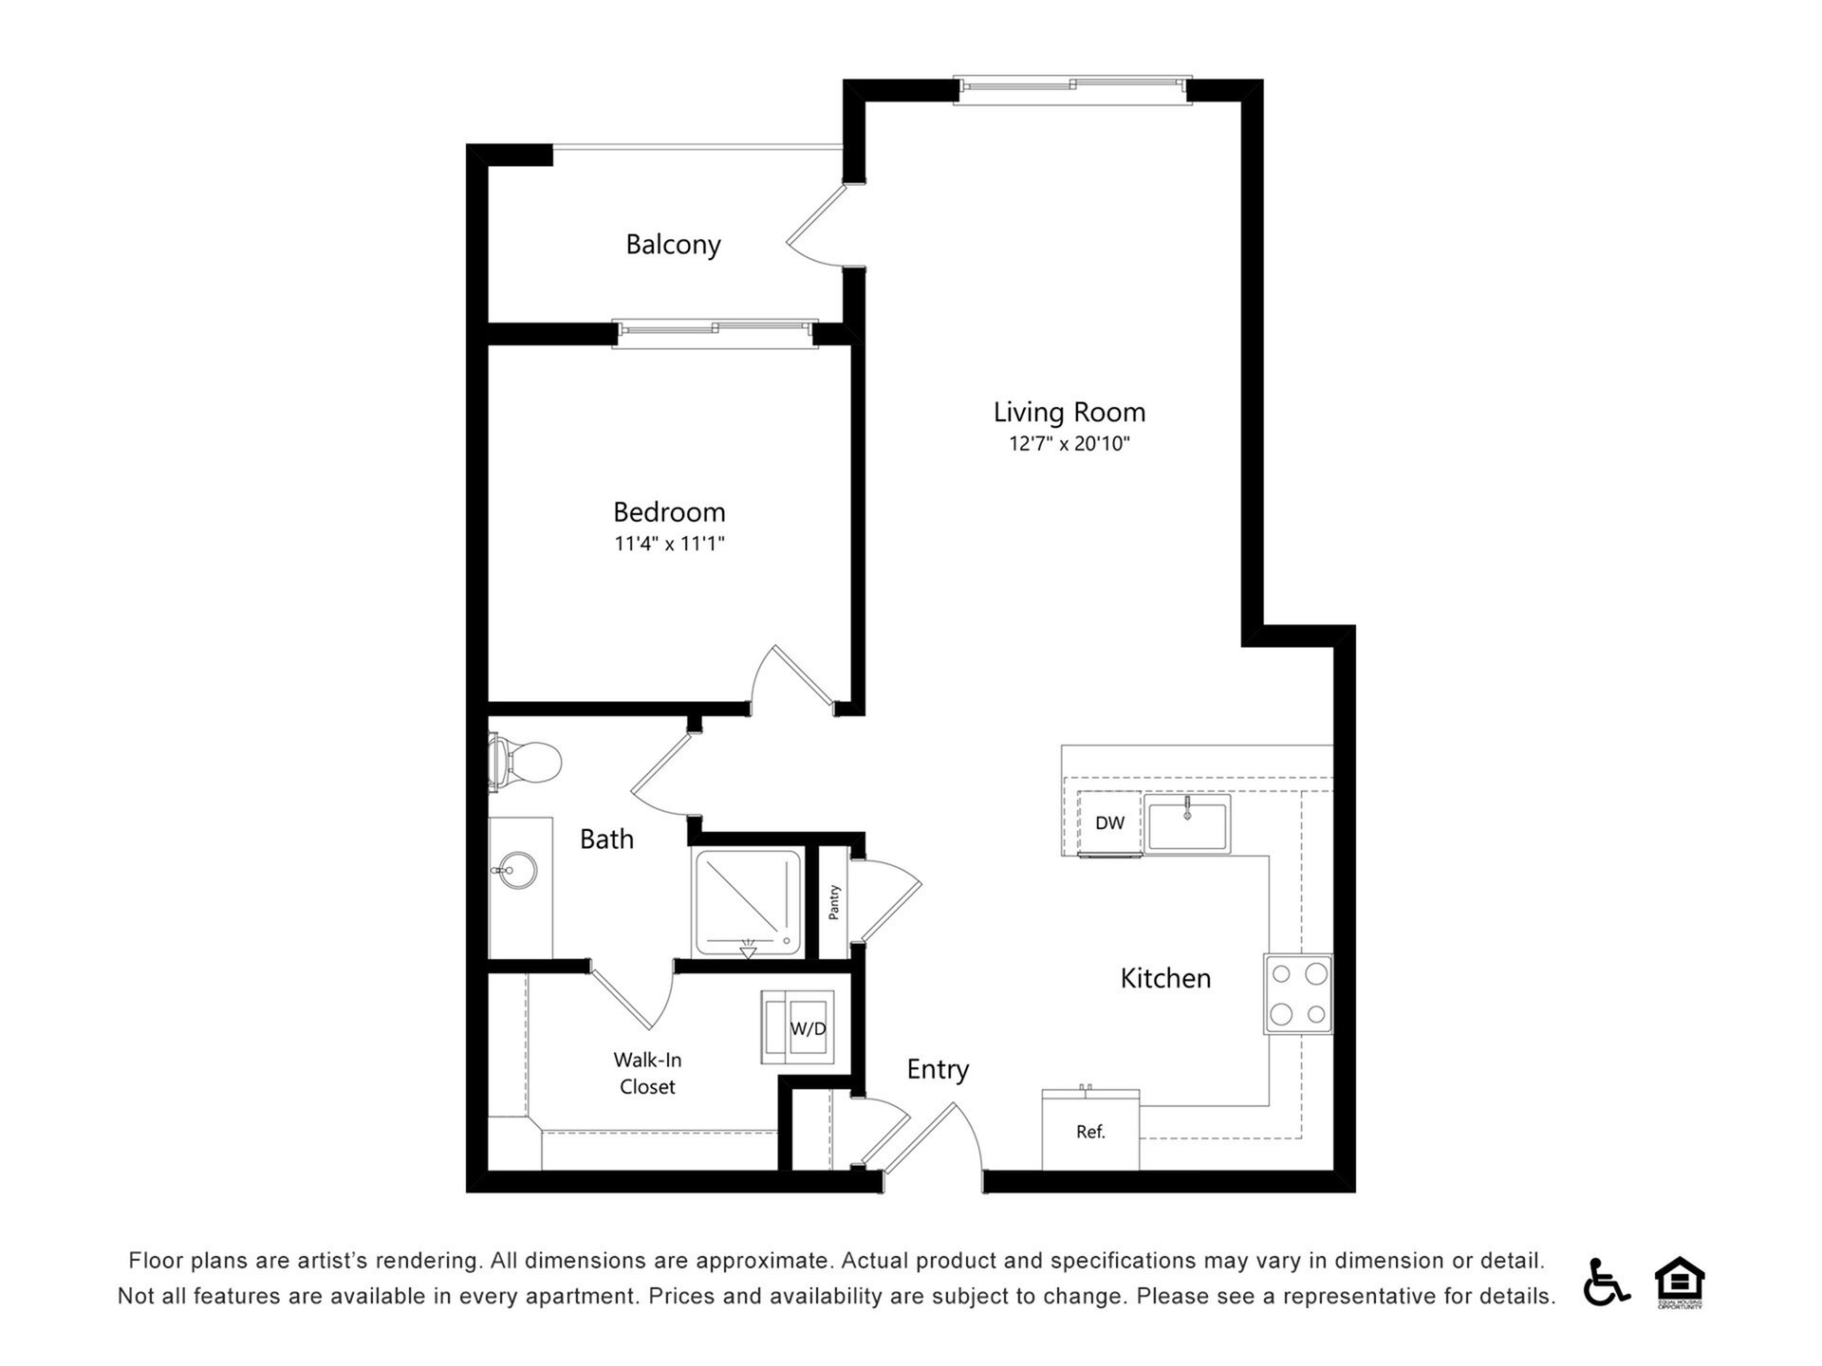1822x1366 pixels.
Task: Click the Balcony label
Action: tap(673, 245)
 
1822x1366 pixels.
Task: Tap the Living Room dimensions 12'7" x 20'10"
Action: tap(1069, 444)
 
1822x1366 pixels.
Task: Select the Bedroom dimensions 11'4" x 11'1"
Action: tap(669, 544)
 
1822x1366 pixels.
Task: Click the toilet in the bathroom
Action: tap(526, 762)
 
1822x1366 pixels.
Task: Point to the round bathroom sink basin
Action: tap(517, 870)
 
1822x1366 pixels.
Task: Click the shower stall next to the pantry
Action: tap(748, 902)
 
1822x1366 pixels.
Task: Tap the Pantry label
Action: tap(834, 902)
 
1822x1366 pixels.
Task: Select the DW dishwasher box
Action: tap(1109, 822)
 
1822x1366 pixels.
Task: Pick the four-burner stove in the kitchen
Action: tap(1298, 993)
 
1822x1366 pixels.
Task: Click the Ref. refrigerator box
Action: tap(1090, 1131)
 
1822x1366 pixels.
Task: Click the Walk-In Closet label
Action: tap(647, 1073)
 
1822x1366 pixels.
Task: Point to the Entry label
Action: tap(938, 1069)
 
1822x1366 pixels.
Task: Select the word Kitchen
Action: tap(1165, 978)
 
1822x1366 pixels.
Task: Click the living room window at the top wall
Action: tap(1072, 87)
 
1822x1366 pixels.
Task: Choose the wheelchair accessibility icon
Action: tap(1605, 1282)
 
